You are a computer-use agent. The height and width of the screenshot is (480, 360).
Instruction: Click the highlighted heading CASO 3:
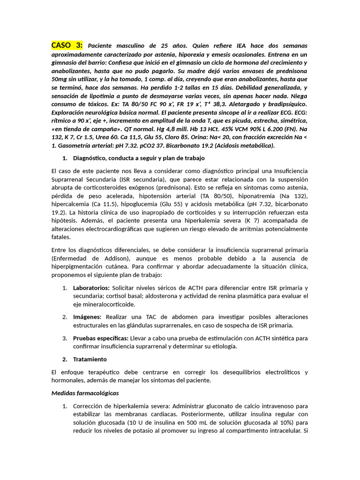[67, 45]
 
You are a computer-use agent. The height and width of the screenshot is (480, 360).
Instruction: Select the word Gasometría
[71, 146]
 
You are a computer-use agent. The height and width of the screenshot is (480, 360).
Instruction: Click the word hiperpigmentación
[79, 267]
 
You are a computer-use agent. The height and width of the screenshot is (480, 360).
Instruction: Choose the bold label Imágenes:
[87, 317]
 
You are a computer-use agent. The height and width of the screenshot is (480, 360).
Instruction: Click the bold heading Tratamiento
[90, 359]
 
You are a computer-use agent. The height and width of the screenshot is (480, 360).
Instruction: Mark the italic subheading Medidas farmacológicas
[85, 393]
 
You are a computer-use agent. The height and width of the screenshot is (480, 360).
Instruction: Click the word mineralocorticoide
[102, 304]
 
